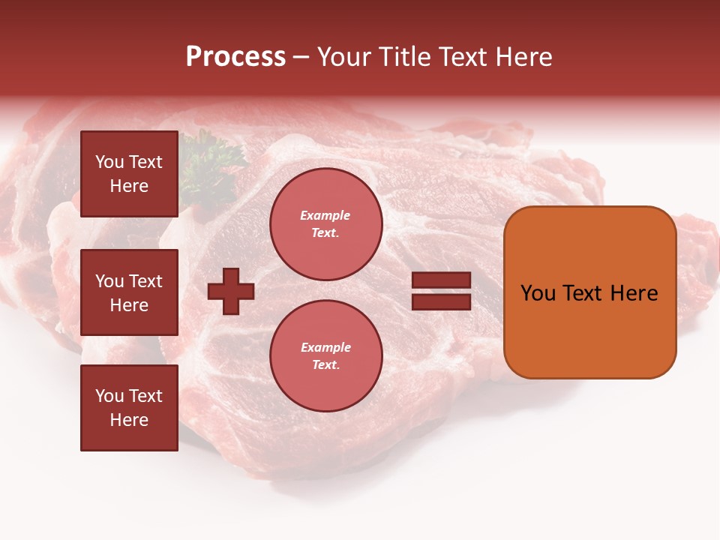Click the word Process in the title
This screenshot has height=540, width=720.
[x=235, y=57]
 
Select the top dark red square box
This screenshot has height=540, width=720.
[x=129, y=174]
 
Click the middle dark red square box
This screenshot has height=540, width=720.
[x=129, y=292]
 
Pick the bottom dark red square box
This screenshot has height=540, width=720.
[x=129, y=408]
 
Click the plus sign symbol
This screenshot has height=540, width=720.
[x=231, y=291]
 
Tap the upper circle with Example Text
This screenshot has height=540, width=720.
[x=325, y=224]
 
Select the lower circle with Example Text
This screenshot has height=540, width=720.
[x=325, y=356]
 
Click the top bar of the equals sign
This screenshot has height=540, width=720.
[x=441, y=280]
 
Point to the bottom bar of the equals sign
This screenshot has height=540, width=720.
[x=441, y=301]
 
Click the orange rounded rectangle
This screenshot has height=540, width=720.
[x=589, y=292]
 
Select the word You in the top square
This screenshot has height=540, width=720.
[x=109, y=162]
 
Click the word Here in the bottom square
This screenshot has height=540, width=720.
[x=129, y=420]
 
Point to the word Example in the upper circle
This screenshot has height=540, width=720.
[x=325, y=215]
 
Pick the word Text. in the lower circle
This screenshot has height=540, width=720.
[x=325, y=365]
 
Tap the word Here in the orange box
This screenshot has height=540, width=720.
[x=634, y=293]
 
